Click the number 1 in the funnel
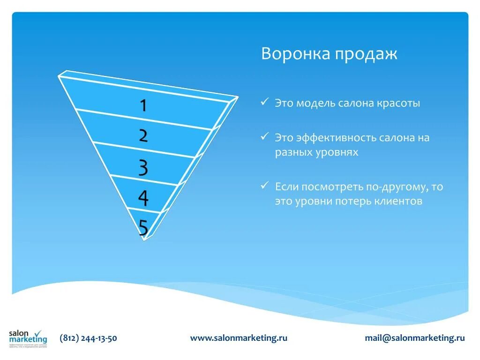coord(143,105)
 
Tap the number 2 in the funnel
coord(143,136)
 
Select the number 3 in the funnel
coord(143,167)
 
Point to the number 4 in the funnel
coord(143,198)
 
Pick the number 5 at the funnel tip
coord(143,228)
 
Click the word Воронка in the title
coord(295,53)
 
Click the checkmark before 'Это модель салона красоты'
coord(265,102)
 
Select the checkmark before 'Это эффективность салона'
coord(265,137)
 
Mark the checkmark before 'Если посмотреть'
coord(265,186)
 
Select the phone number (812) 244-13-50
coord(89,338)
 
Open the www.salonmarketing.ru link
coord(239,338)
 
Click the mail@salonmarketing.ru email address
coord(415,338)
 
